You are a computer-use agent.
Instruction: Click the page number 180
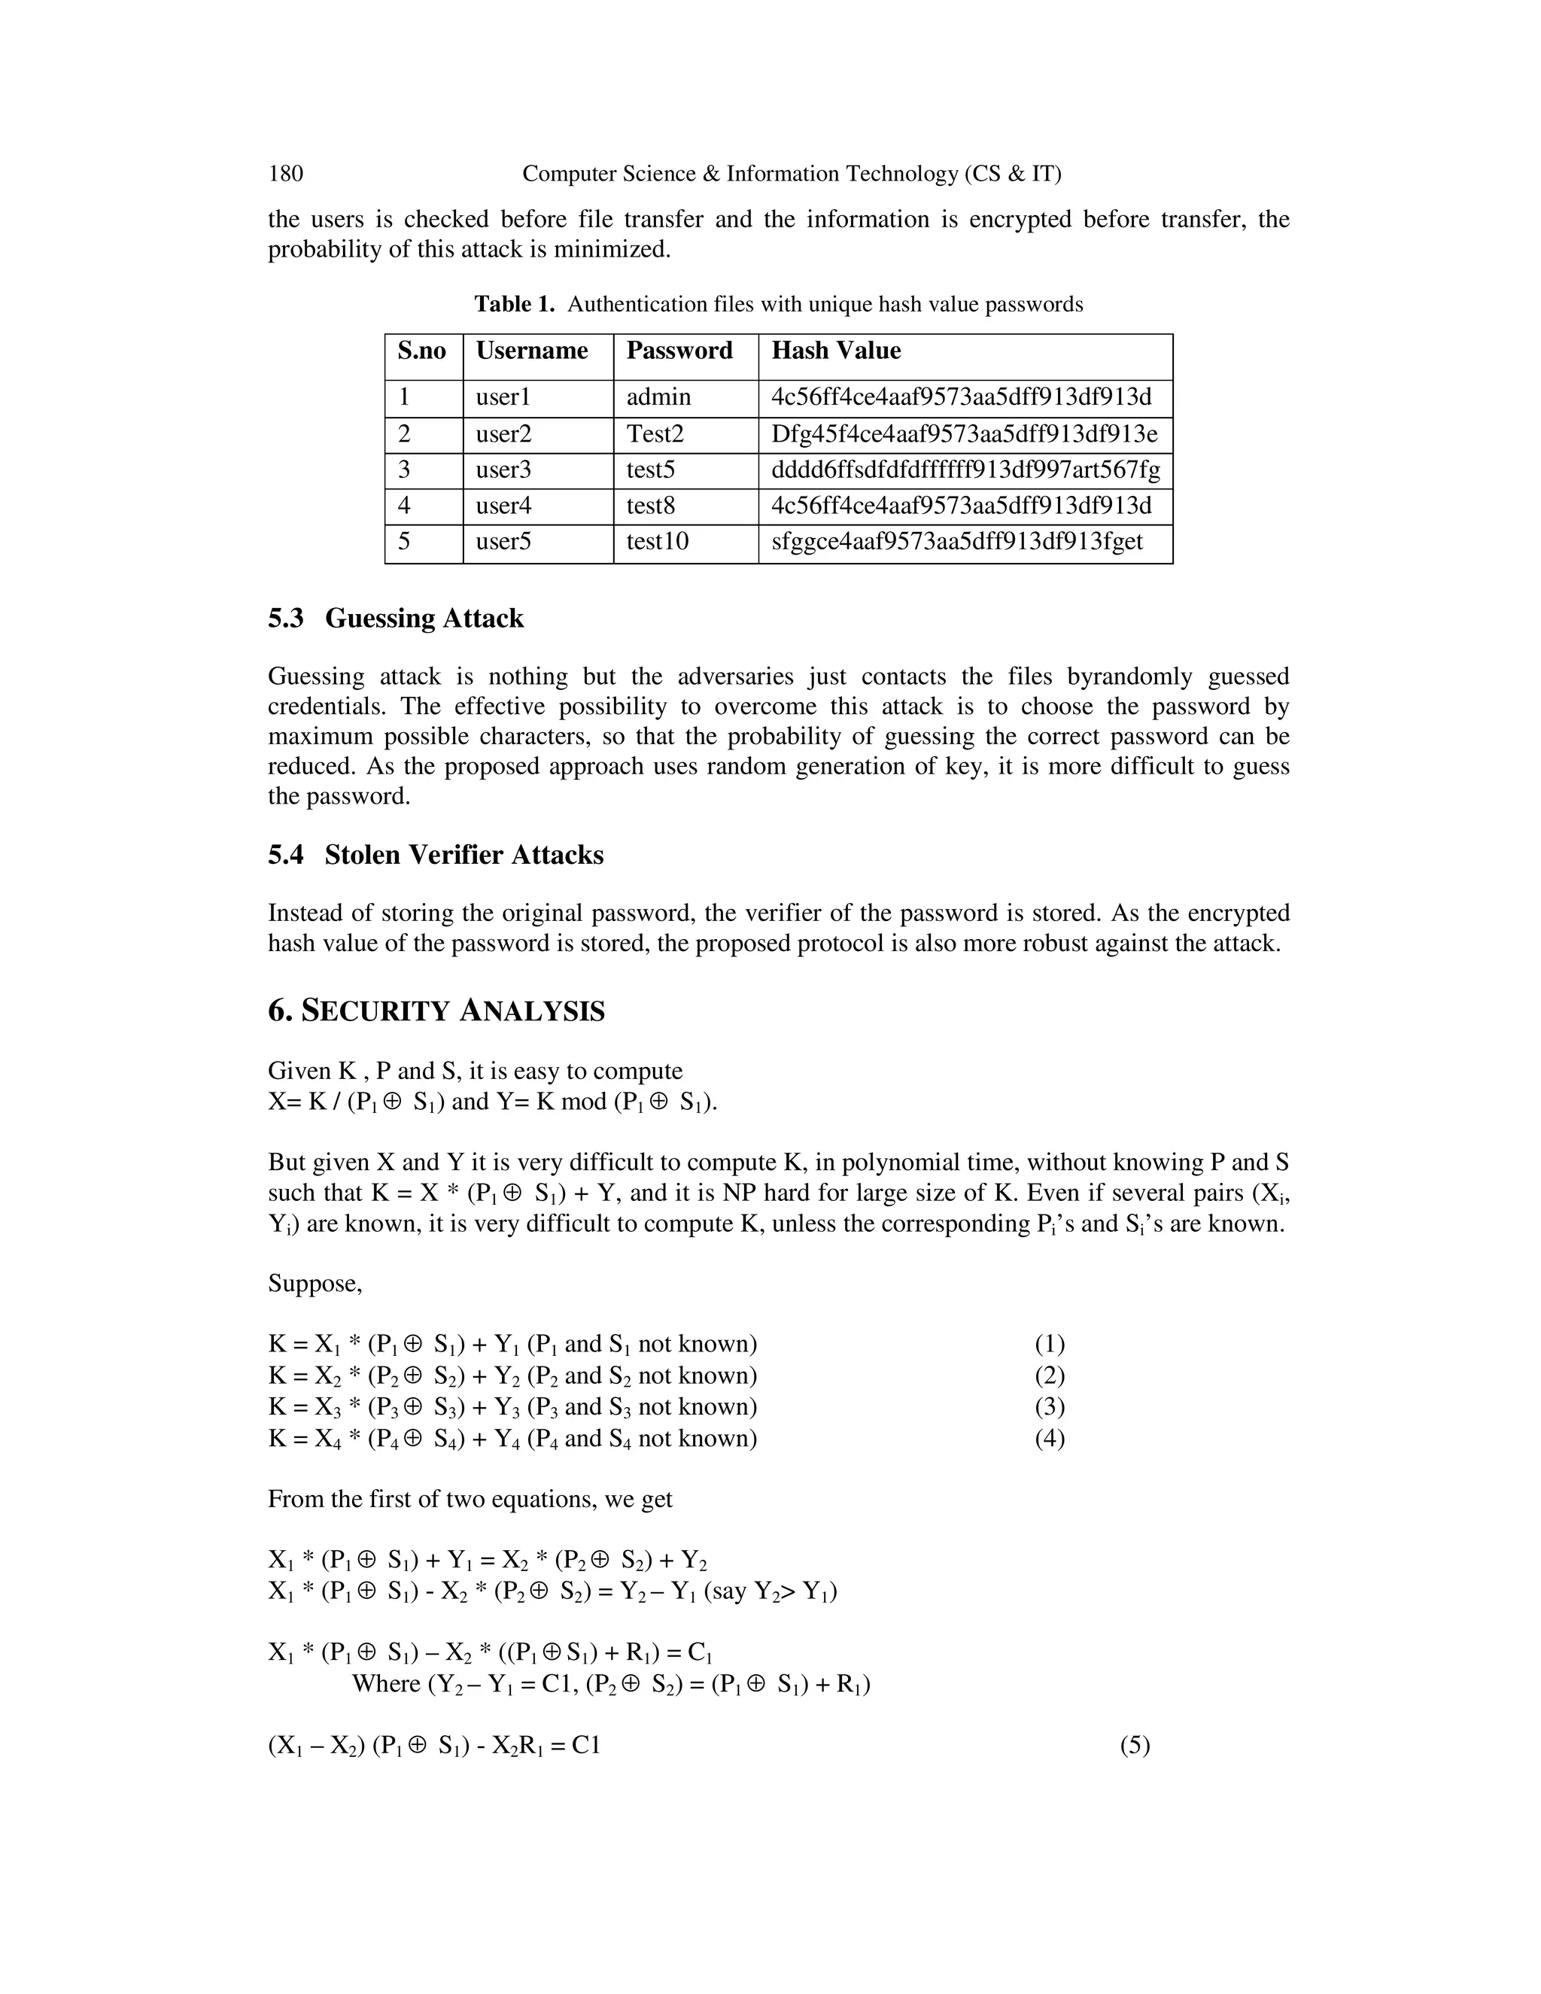coord(286,174)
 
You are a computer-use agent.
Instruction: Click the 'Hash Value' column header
coord(835,351)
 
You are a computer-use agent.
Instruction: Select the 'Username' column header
coord(531,351)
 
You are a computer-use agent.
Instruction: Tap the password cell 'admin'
coord(658,397)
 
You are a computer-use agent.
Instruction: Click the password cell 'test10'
coord(658,543)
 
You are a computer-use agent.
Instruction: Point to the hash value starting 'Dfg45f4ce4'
coord(964,433)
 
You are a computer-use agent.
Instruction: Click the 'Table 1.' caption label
coord(514,304)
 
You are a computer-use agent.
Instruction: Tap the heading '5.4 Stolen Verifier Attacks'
coord(436,856)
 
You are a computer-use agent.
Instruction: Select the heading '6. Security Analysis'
coord(436,1011)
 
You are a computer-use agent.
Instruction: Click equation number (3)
coord(1050,1407)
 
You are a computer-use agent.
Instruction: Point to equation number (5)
coord(1135,1746)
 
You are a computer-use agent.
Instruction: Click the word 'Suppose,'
coord(315,1284)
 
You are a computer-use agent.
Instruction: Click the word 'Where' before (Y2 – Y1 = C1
coord(386,1683)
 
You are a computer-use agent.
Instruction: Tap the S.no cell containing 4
coord(404,506)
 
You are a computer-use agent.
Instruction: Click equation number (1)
coord(1050,1344)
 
